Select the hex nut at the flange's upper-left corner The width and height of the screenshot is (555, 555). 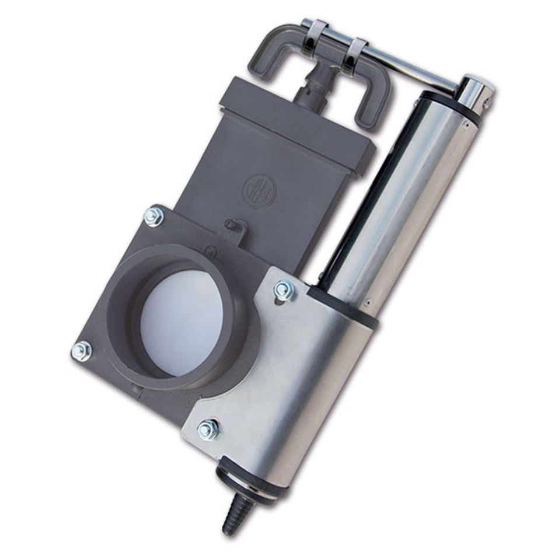tap(153, 217)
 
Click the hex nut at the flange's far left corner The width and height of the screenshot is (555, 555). tap(81, 351)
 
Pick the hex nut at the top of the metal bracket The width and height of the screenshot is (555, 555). tap(284, 290)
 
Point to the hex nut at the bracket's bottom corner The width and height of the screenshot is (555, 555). tap(208, 430)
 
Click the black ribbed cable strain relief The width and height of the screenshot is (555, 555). tap(236, 513)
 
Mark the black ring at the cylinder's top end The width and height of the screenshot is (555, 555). tap(449, 105)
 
